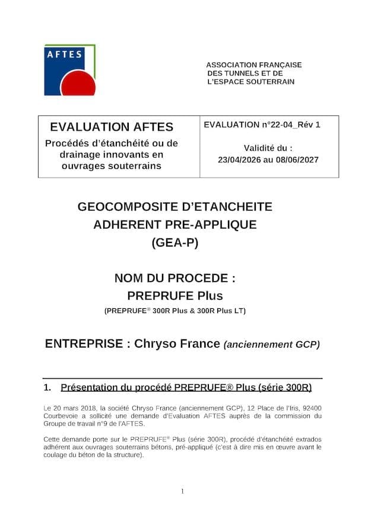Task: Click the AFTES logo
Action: (x=69, y=70)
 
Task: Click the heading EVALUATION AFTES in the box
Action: (x=112, y=127)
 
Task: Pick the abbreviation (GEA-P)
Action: (x=174, y=242)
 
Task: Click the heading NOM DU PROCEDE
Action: (x=174, y=278)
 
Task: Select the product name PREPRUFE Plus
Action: (x=174, y=295)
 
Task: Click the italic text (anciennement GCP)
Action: (x=271, y=344)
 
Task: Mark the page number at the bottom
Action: (x=182, y=491)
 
